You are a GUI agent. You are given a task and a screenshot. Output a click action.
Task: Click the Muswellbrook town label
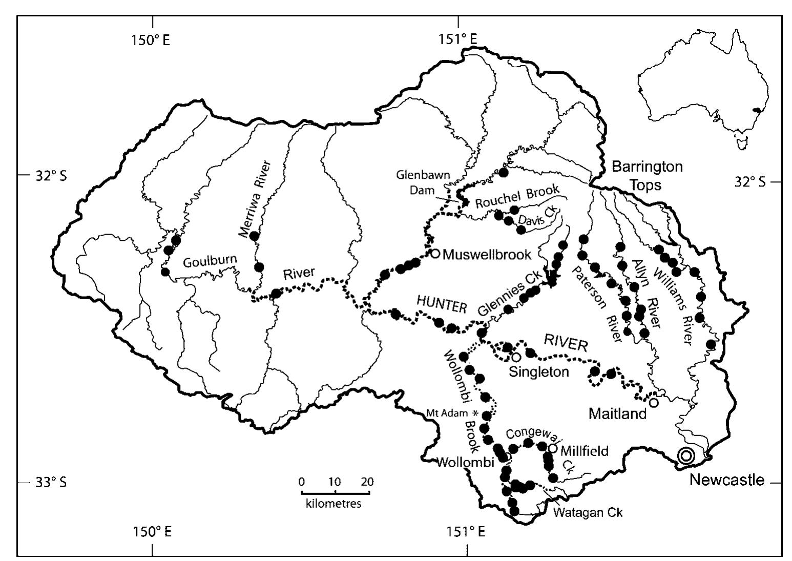click(487, 254)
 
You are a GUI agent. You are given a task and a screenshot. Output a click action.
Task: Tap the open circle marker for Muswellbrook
click(435, 253)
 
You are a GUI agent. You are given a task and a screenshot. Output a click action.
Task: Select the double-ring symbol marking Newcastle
click(686, 455)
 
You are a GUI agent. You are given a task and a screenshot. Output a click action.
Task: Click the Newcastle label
click(726, 480)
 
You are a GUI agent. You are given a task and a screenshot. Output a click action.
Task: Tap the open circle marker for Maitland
click(654, 402)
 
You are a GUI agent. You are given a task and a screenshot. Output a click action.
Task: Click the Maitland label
click(618, 413)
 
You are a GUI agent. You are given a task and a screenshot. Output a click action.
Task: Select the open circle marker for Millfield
click(553, 448)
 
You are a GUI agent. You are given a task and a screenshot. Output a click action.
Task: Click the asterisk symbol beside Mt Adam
click(474, 413)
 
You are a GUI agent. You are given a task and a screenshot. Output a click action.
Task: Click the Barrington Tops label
click(648, 175)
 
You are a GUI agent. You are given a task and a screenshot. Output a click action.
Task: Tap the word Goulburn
click(211, 260)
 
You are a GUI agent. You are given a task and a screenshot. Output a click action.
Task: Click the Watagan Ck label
click(589, 512)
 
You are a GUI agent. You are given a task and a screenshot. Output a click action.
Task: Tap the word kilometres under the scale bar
click(333, 503)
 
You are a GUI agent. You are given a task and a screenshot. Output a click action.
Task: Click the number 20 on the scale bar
click(367, 482)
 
